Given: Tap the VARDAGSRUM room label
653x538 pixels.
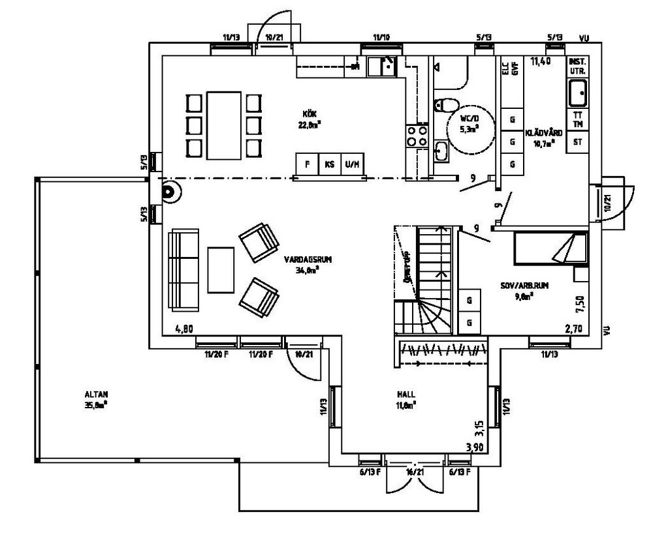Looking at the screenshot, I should [308, 259].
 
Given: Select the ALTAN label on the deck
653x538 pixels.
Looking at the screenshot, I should [95, 394].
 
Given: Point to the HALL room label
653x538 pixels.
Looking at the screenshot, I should [406, 394].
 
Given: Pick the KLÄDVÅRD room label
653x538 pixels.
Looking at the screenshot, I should [544, 132].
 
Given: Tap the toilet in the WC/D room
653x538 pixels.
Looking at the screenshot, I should [446, 104].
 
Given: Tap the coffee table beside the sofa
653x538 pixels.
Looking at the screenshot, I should [221, 269].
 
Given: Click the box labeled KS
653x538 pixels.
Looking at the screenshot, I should [330, 164].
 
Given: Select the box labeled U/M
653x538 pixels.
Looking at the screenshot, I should [353, 164].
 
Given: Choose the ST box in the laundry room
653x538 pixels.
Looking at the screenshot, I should [577, 142].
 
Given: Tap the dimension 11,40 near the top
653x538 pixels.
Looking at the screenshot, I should [541, 63].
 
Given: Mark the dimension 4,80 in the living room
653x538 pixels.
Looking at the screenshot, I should [185, 330].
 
